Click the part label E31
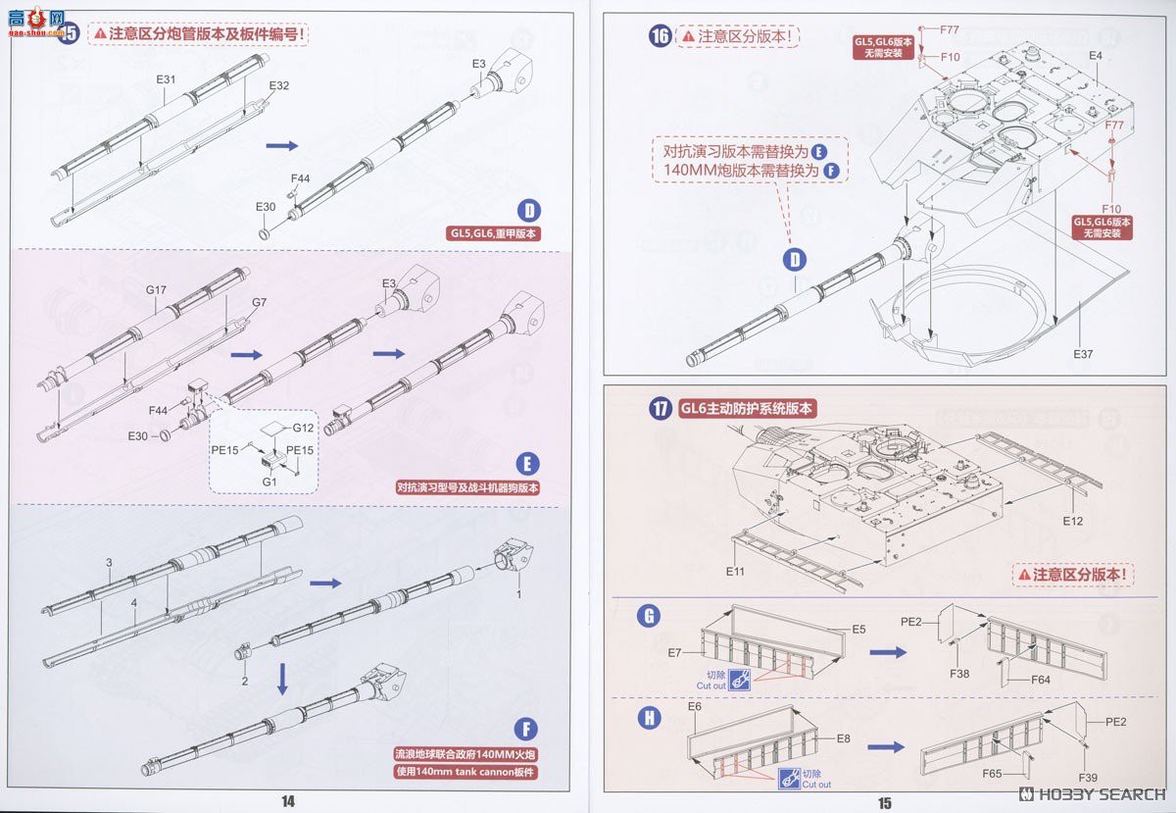click(166, 78)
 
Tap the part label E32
click(279, 85)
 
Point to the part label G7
click(259, 302)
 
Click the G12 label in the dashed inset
click(303, 427)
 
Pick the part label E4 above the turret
click(1095, 56)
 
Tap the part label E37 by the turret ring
click(1082, 353)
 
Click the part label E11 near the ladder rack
click(736, 570)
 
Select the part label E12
click(1072, 521)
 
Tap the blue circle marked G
click(647, 616)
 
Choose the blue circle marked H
click(649, 717)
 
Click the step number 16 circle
click(660, 36)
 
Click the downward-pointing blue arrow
click(282, 678)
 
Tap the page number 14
click(288, 801)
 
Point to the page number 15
click(885, 802)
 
